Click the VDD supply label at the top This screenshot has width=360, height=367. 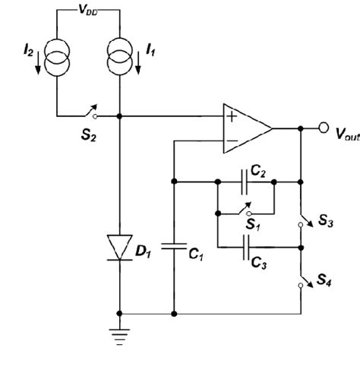click(x=87, y=11)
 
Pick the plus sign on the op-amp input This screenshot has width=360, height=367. click(x=229, y=117)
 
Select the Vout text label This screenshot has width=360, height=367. click(x=339, y=135)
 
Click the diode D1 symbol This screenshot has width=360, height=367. click(x=119, y=247)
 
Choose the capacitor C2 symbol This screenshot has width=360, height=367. click(x=245, y=182)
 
